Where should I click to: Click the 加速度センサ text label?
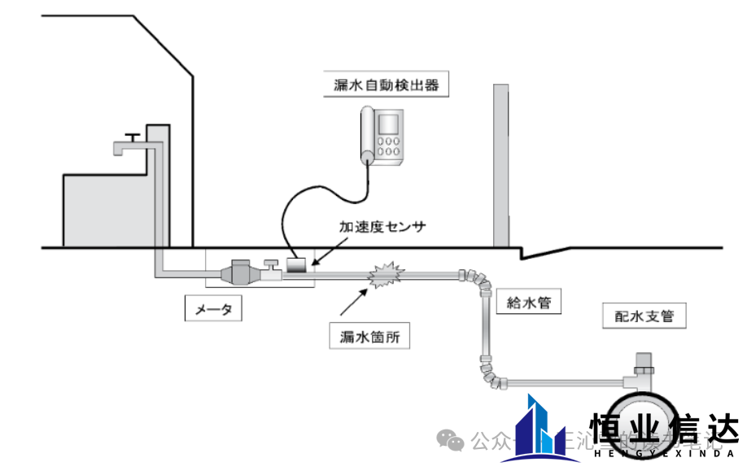pyautogui.click(x=382, y=225)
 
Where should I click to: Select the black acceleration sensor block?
pyautogui.click(x=296, y=264)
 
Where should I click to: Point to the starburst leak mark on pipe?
pyautogui.click(x=386, y=277)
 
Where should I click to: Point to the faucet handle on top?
pyautogui.click(x=131, y=134)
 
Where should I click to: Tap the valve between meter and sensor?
pyautogui.click(x=269, y=268)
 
